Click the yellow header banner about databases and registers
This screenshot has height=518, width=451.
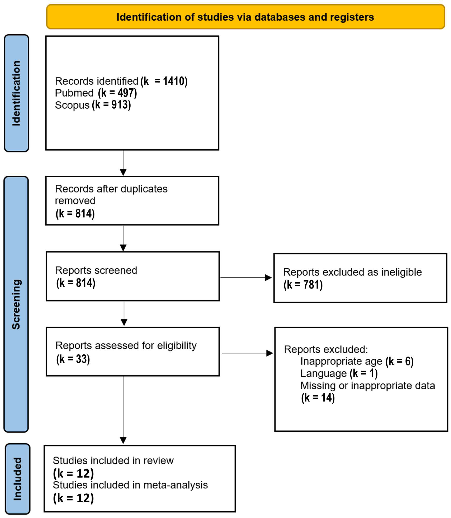[245, 17]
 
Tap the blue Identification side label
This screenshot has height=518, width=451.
[16, 93]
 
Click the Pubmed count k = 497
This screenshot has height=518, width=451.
[117, 93]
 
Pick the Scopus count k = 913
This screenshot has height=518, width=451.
[111, 105]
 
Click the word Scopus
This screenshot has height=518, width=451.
[72, 105]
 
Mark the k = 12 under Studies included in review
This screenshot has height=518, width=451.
[73, 473]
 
